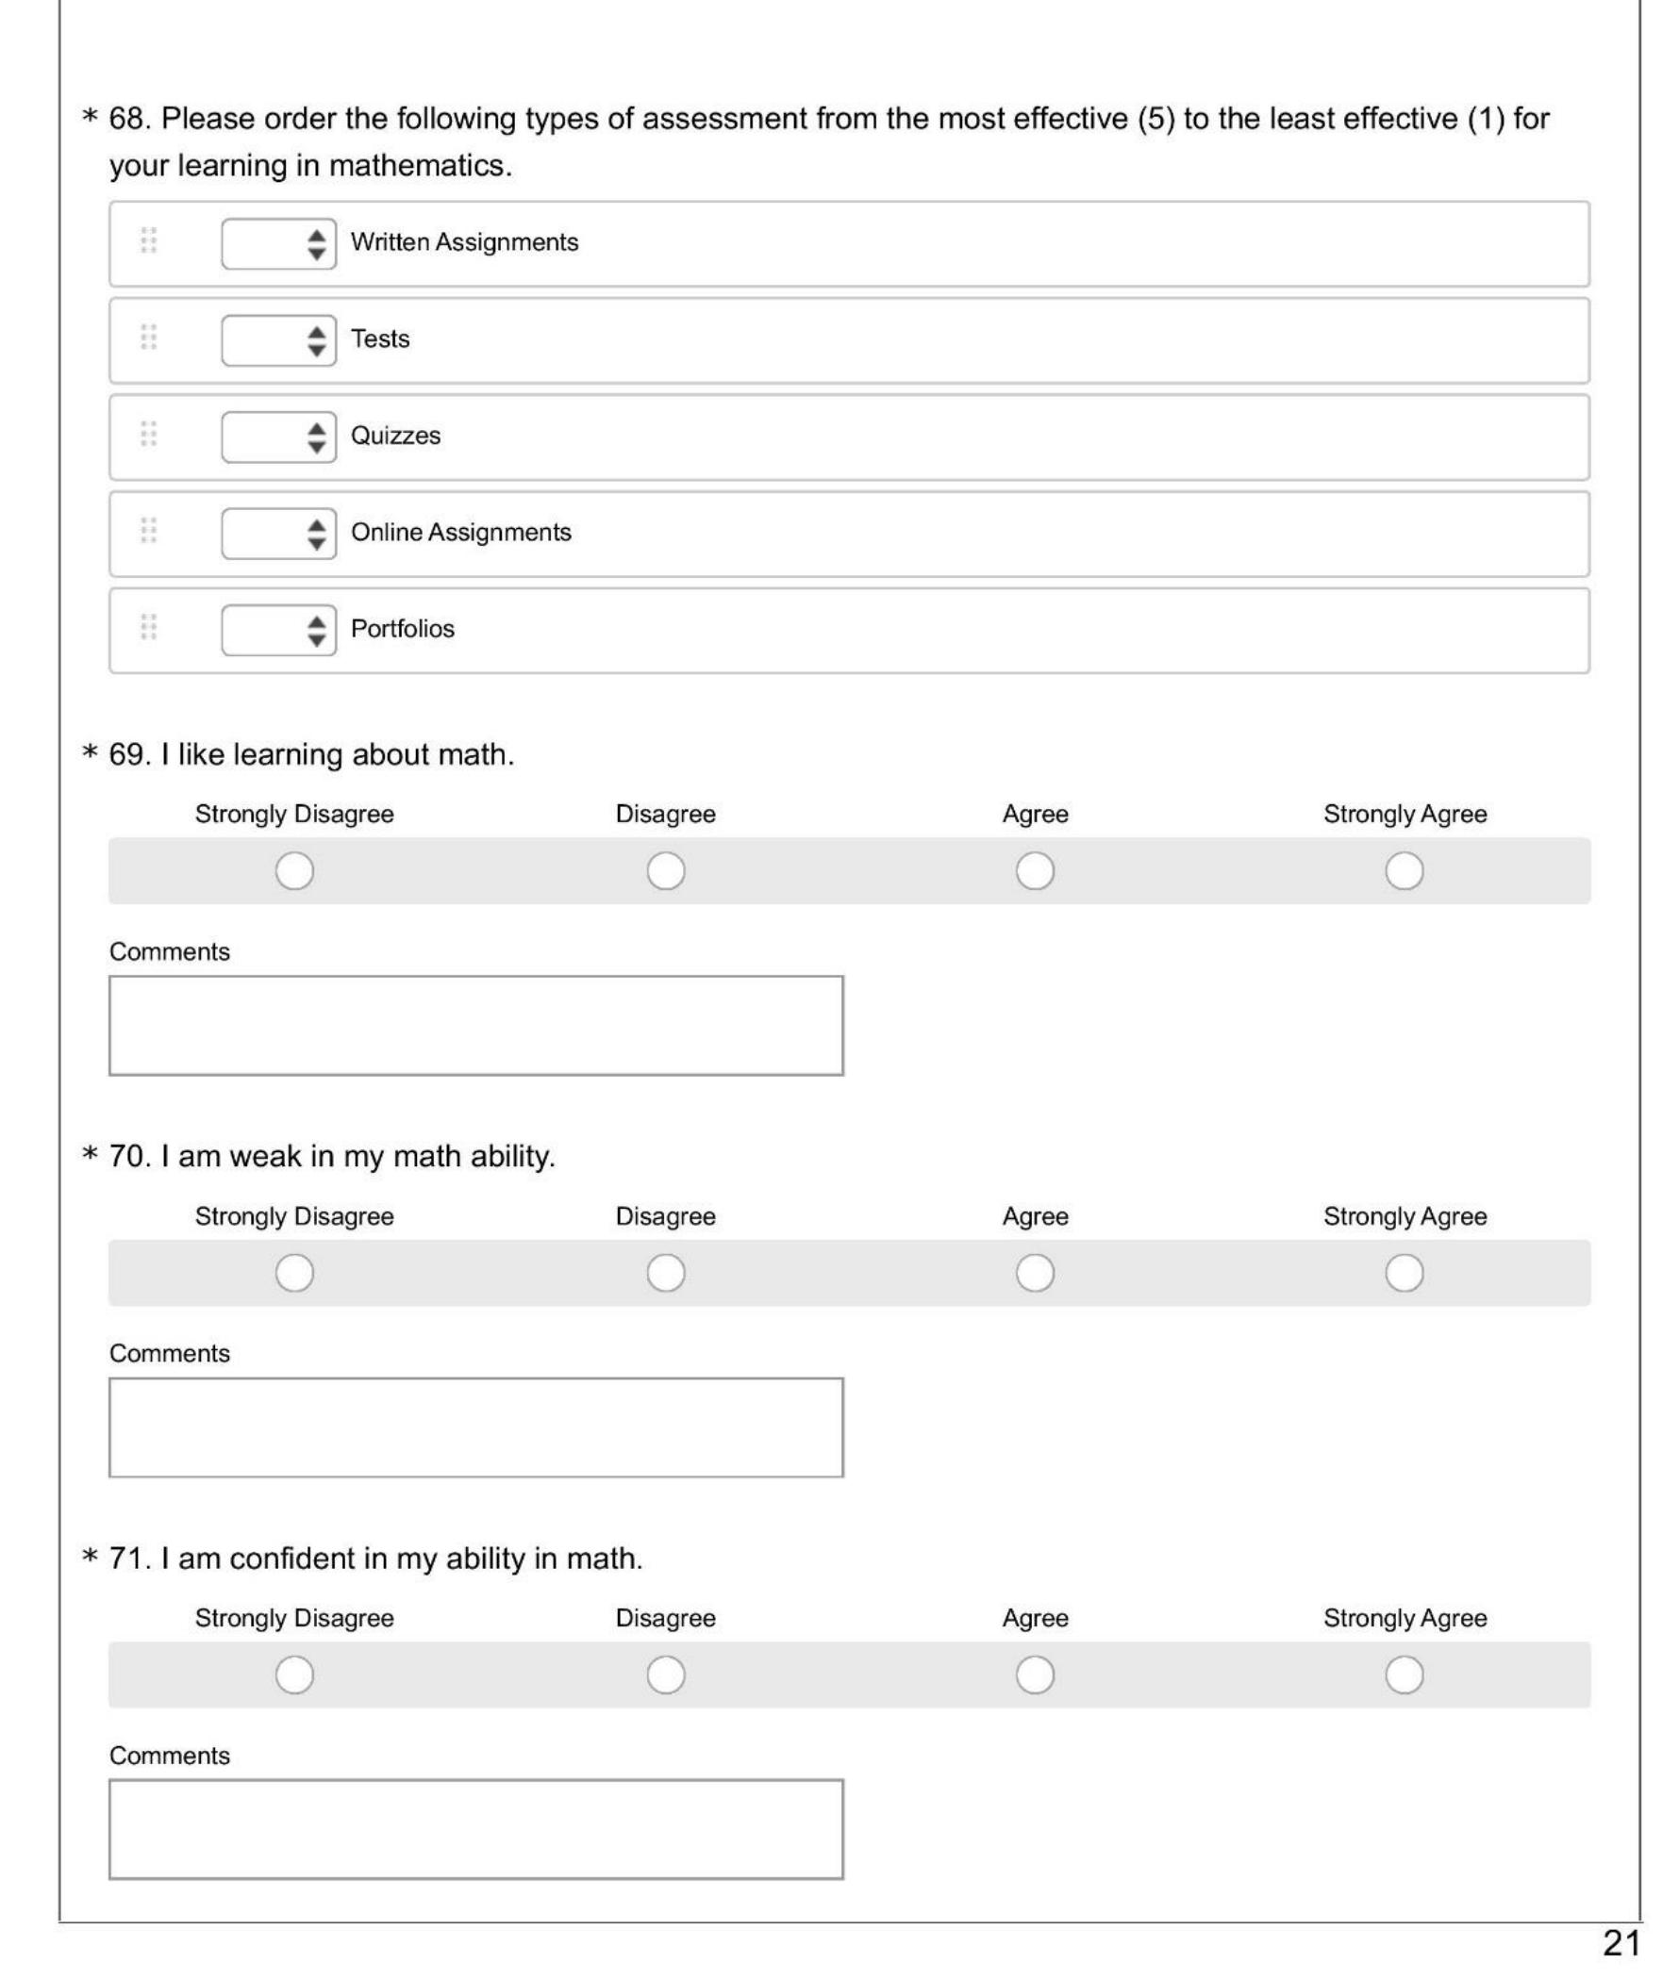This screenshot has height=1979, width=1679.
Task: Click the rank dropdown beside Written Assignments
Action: click(278, 243)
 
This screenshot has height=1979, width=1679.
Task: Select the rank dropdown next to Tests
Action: click(278, 340)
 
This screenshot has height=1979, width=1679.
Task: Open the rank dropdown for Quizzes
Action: click(278, 437)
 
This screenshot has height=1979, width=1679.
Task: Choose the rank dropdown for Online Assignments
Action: click(278, 534)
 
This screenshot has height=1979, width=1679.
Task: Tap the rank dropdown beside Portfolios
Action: click(278, 630)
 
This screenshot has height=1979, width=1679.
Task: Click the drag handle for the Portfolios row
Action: click(148, 627)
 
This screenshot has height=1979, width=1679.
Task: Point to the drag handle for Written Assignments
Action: click(148, 240)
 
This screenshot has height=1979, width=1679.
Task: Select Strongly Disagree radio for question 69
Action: click(294, 870)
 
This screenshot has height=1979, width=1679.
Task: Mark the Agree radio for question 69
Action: click(1035, 870)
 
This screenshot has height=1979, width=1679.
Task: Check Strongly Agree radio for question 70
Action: click(1404, 1273)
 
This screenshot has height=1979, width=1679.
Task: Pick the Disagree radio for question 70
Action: click(665, 1273)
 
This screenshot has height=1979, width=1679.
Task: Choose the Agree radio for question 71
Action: click(1035, 1675)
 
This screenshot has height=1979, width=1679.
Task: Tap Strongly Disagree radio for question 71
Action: click(294, 1675)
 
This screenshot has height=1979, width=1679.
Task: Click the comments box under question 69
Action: click(476, 1026)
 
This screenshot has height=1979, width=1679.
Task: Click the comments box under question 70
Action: click(476, 1427)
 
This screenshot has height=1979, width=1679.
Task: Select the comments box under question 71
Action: click(476, 1829)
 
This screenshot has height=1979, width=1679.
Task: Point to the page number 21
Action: click(1621, 1943)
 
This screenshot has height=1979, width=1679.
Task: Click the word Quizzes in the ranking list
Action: click(396, 436)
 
